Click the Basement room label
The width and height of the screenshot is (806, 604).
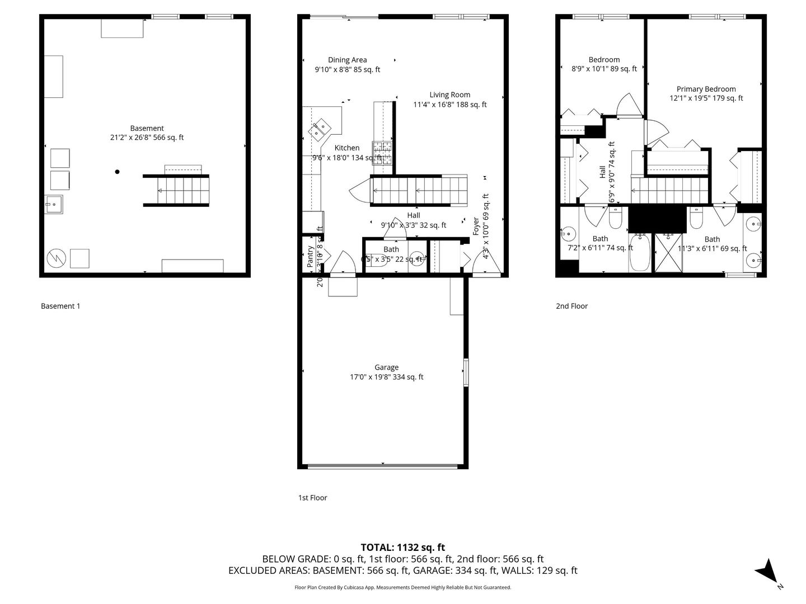tap(147, 128)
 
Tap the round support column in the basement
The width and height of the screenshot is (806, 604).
tap(117, 172)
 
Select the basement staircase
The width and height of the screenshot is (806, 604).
tap(176, 190)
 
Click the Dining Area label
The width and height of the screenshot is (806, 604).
tap(347, 60)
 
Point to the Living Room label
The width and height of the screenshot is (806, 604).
tap(449, 95)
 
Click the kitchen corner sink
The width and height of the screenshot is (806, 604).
tap(321, 130)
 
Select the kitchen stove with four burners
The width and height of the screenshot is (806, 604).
tap(383, 152)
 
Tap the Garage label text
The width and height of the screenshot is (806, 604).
tap(386, 367)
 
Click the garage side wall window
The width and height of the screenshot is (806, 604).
tap(465, 372)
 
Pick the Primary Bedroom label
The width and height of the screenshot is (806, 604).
tap(706, 89)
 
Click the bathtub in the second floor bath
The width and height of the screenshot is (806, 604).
tap(640, 253)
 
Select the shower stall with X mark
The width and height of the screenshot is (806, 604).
tap(669, 253)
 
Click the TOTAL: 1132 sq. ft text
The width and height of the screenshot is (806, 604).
tap(402, 548)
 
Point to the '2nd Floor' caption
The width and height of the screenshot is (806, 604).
tap(571, 306)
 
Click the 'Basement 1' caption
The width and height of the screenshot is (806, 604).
tap(60, 306)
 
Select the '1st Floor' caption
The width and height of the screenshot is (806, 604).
tap(312, 497)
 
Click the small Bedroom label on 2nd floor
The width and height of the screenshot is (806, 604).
tap(604, 60)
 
